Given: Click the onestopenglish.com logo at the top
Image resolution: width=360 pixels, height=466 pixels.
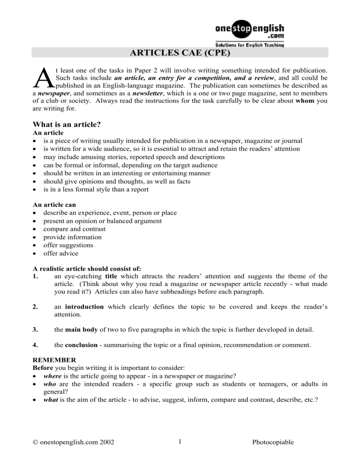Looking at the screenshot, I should click(x=249, y=30).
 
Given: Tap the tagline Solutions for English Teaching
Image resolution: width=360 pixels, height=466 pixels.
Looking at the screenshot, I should click(x=249, y=45).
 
